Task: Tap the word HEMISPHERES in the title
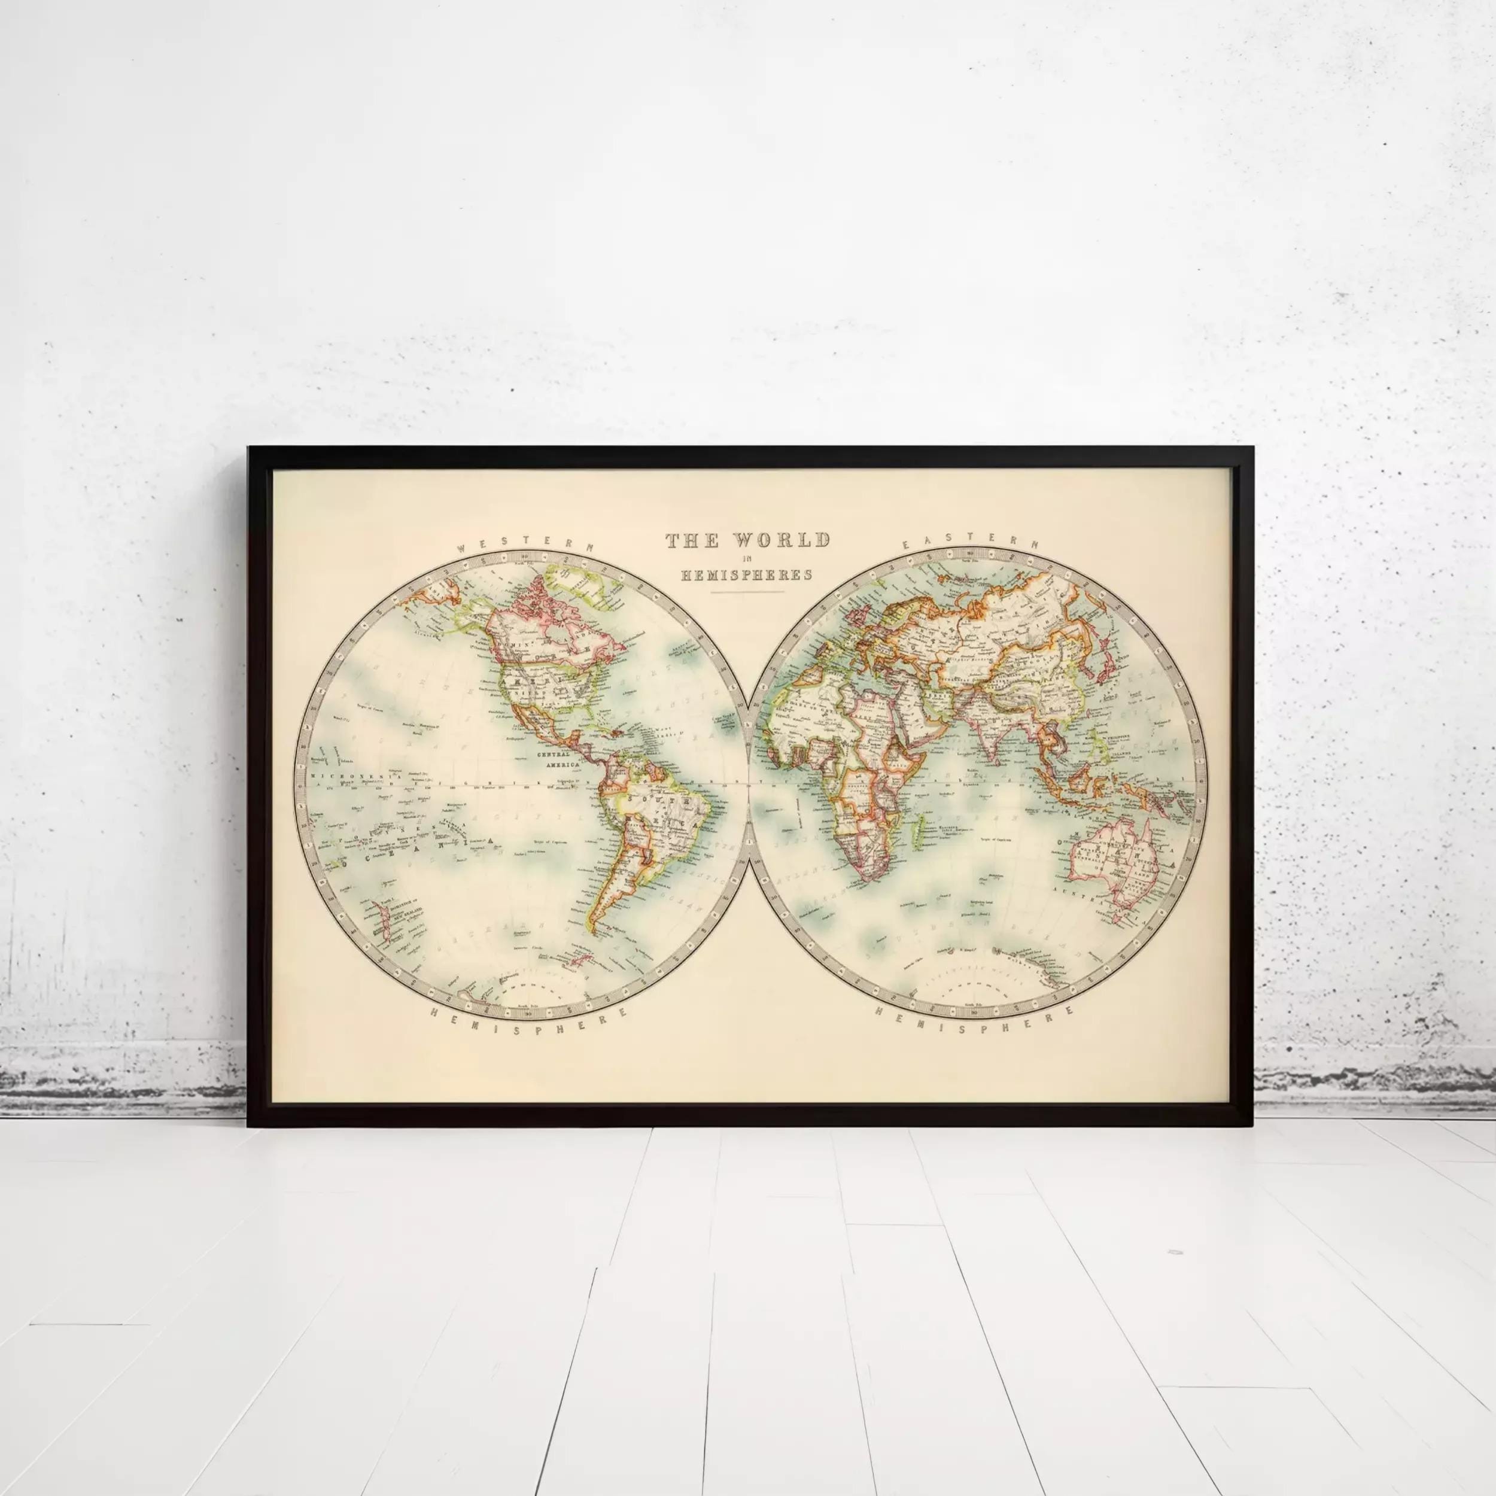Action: coord(746,574)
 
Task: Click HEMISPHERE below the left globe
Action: coord(527,1020)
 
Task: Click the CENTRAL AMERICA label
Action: coord(556,758)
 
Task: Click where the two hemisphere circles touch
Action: coord(746,782)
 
